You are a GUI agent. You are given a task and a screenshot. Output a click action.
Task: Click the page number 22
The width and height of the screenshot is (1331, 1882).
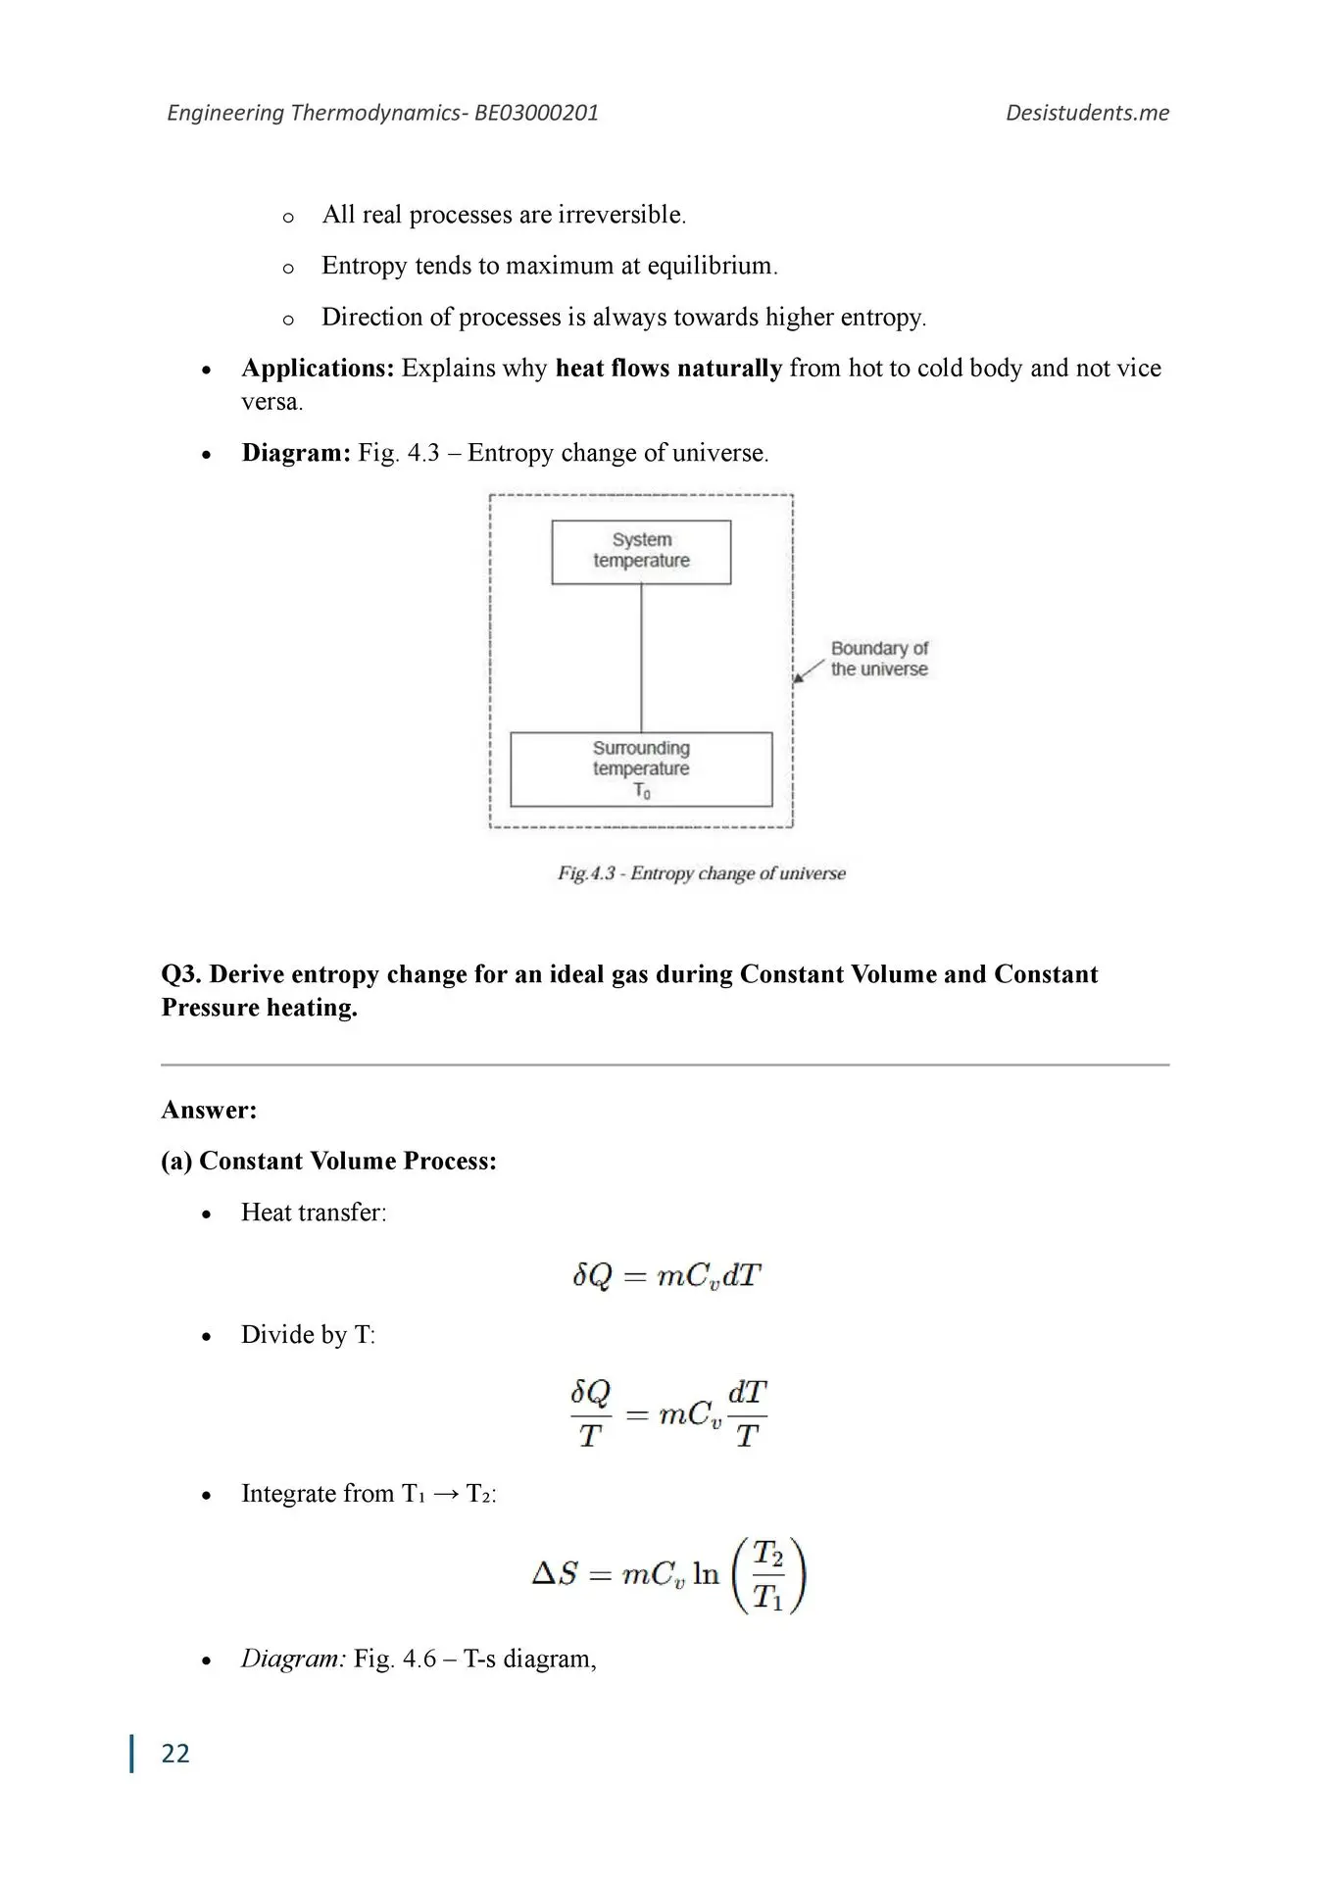[175, 1753]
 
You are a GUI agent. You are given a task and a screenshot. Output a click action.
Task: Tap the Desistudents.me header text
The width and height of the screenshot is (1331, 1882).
[1087, 113]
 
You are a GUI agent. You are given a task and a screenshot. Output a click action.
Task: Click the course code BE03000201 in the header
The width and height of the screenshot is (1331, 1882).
[536, 113]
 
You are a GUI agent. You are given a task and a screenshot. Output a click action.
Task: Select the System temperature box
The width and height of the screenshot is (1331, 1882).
[641, 552]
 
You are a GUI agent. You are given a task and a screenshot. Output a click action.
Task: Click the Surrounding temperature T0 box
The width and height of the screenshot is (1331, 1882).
[641, 769]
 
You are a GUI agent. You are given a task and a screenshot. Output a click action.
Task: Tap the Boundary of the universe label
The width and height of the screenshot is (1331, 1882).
[879, 659]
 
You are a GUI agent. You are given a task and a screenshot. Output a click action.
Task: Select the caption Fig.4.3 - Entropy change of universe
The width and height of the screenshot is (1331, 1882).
[702, 873]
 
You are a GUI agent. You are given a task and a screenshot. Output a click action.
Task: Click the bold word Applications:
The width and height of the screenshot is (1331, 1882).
[318, 369]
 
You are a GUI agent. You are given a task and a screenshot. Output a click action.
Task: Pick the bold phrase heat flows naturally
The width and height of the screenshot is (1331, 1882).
[668, 369]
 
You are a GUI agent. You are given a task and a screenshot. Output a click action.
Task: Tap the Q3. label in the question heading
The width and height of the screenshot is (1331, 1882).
[181, 974]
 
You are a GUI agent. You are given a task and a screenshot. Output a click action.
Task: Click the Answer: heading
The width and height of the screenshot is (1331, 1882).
[209, 1110]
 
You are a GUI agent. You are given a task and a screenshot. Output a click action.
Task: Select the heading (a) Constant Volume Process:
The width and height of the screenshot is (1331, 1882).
[328, 1161]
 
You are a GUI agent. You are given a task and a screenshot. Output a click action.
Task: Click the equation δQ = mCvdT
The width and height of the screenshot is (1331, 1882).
[666, 1275]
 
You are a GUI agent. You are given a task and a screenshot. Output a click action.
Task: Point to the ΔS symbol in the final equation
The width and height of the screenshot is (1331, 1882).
[555, 1574]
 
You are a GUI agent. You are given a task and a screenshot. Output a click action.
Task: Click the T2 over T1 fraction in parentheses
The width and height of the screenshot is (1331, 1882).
[767, 1575]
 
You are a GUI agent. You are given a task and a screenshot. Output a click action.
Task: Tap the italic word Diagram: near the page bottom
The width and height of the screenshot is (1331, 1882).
[293, 1659]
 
